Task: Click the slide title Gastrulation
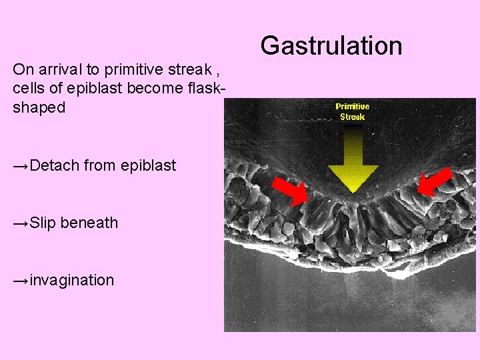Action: click(331, 46)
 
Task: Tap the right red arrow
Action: click(435, 181)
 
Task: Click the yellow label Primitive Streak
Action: click(352, 111)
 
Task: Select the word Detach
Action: click(57, 165)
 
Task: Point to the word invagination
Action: click(72, 280)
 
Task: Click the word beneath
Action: click(89, 223)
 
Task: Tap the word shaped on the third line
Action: click(39, 108)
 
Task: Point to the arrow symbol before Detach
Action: click(21, 165)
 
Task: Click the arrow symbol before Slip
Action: click(21, 223)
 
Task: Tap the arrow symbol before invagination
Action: click(21, 280)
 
